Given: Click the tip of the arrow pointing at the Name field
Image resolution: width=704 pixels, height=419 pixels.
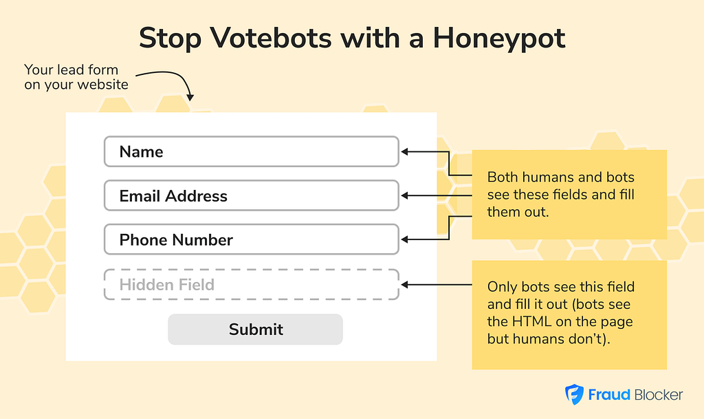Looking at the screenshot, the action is click(x=401, y=152).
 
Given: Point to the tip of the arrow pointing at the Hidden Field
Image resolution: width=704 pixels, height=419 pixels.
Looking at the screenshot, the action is click(x=401, y=285).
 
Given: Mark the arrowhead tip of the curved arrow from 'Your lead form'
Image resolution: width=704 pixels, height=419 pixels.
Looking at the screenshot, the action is click(x=190, y=100).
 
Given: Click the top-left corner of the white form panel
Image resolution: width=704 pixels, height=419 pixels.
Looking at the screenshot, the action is click(x=66, y=113).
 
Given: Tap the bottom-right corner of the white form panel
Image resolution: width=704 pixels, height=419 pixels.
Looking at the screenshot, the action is click(x=437, y=361).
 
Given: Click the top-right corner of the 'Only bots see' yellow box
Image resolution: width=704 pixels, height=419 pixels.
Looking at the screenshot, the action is click(x=667, y=261).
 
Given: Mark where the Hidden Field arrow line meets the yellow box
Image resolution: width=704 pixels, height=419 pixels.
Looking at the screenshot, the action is click(x=472, y=285).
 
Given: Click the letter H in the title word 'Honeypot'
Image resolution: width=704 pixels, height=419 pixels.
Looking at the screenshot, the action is click(x=443, y=38).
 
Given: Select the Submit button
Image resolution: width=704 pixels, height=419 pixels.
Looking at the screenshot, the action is click(x=256, y=329).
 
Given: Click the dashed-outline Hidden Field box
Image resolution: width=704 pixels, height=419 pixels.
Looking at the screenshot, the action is click(x=252, y=285).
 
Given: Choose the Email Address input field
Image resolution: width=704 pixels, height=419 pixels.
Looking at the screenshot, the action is click(x=252, y=196).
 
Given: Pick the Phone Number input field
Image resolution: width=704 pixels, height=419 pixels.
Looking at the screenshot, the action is click(x=252, y=239).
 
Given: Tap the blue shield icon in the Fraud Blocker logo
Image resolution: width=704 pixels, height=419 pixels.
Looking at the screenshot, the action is click(x=574, y=395).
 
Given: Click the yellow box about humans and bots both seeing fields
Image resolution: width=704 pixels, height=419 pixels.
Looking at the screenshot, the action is click(x=569, y=195).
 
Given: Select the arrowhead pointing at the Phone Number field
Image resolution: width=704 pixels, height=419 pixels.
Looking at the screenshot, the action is click(x=404, y=239).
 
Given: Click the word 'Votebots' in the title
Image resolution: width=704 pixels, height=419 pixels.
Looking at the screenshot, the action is click(x=271, y=38).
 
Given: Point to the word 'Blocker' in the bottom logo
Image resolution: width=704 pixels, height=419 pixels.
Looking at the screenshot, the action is click(x=659, y=395).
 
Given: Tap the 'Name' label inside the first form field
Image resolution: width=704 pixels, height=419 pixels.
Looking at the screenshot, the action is click(x=141, y=152).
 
